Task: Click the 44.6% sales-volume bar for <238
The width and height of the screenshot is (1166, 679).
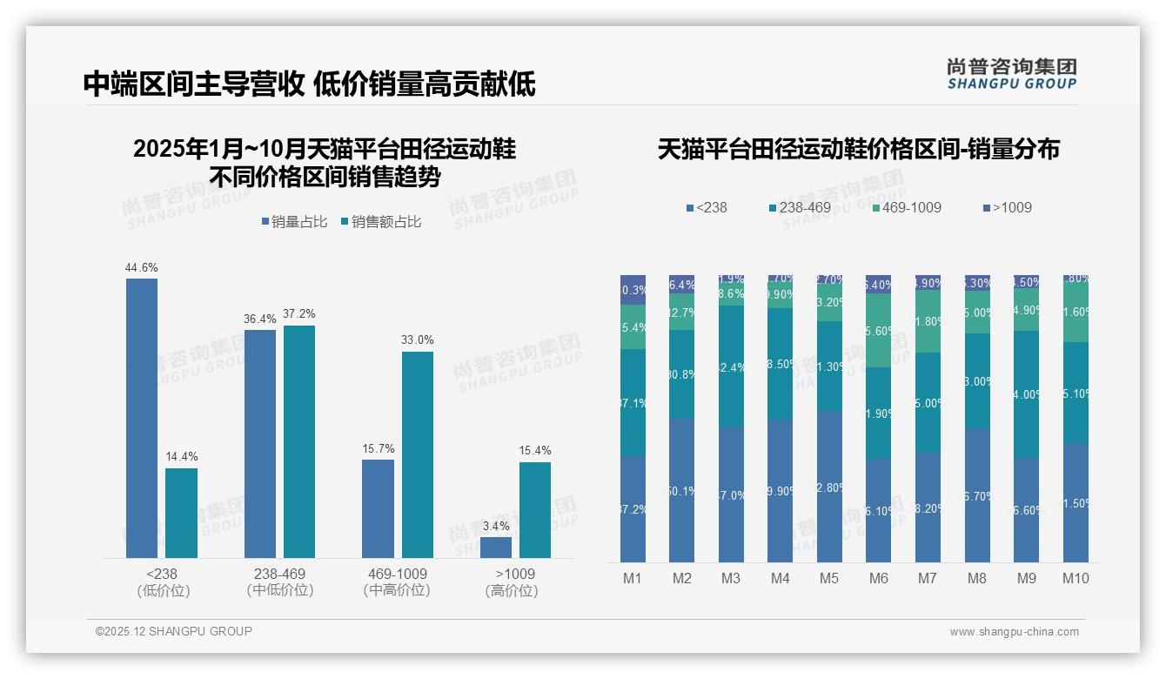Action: pos(142,418)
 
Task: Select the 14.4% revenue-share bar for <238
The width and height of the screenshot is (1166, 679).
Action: pos(181,513)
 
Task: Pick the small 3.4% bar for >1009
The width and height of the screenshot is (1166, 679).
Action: pos(496,548)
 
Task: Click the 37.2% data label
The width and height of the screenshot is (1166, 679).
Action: pos(298,313)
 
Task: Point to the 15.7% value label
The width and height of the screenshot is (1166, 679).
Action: pos(379,448)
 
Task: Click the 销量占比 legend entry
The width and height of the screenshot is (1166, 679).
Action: pos(294,222)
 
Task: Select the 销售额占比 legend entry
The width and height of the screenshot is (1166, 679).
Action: pos(380,222)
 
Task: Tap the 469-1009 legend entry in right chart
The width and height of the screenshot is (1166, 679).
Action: pos(905,207)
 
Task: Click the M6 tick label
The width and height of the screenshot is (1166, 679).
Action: pos(878,578)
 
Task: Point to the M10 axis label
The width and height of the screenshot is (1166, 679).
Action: pos(1076,578)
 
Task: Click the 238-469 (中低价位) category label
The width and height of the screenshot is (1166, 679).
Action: pos(280,582)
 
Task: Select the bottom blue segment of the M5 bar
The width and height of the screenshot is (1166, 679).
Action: pos(829,487)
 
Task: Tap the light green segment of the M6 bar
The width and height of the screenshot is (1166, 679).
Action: pos(878,330)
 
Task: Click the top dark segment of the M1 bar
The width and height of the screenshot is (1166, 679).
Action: pos(633,290)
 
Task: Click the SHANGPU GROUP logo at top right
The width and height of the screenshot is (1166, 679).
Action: pos(1011,73)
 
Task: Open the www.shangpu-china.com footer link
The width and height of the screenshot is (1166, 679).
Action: pos(1014,632)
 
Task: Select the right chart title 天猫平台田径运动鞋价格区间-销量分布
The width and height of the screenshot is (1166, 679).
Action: pos(858,149)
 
